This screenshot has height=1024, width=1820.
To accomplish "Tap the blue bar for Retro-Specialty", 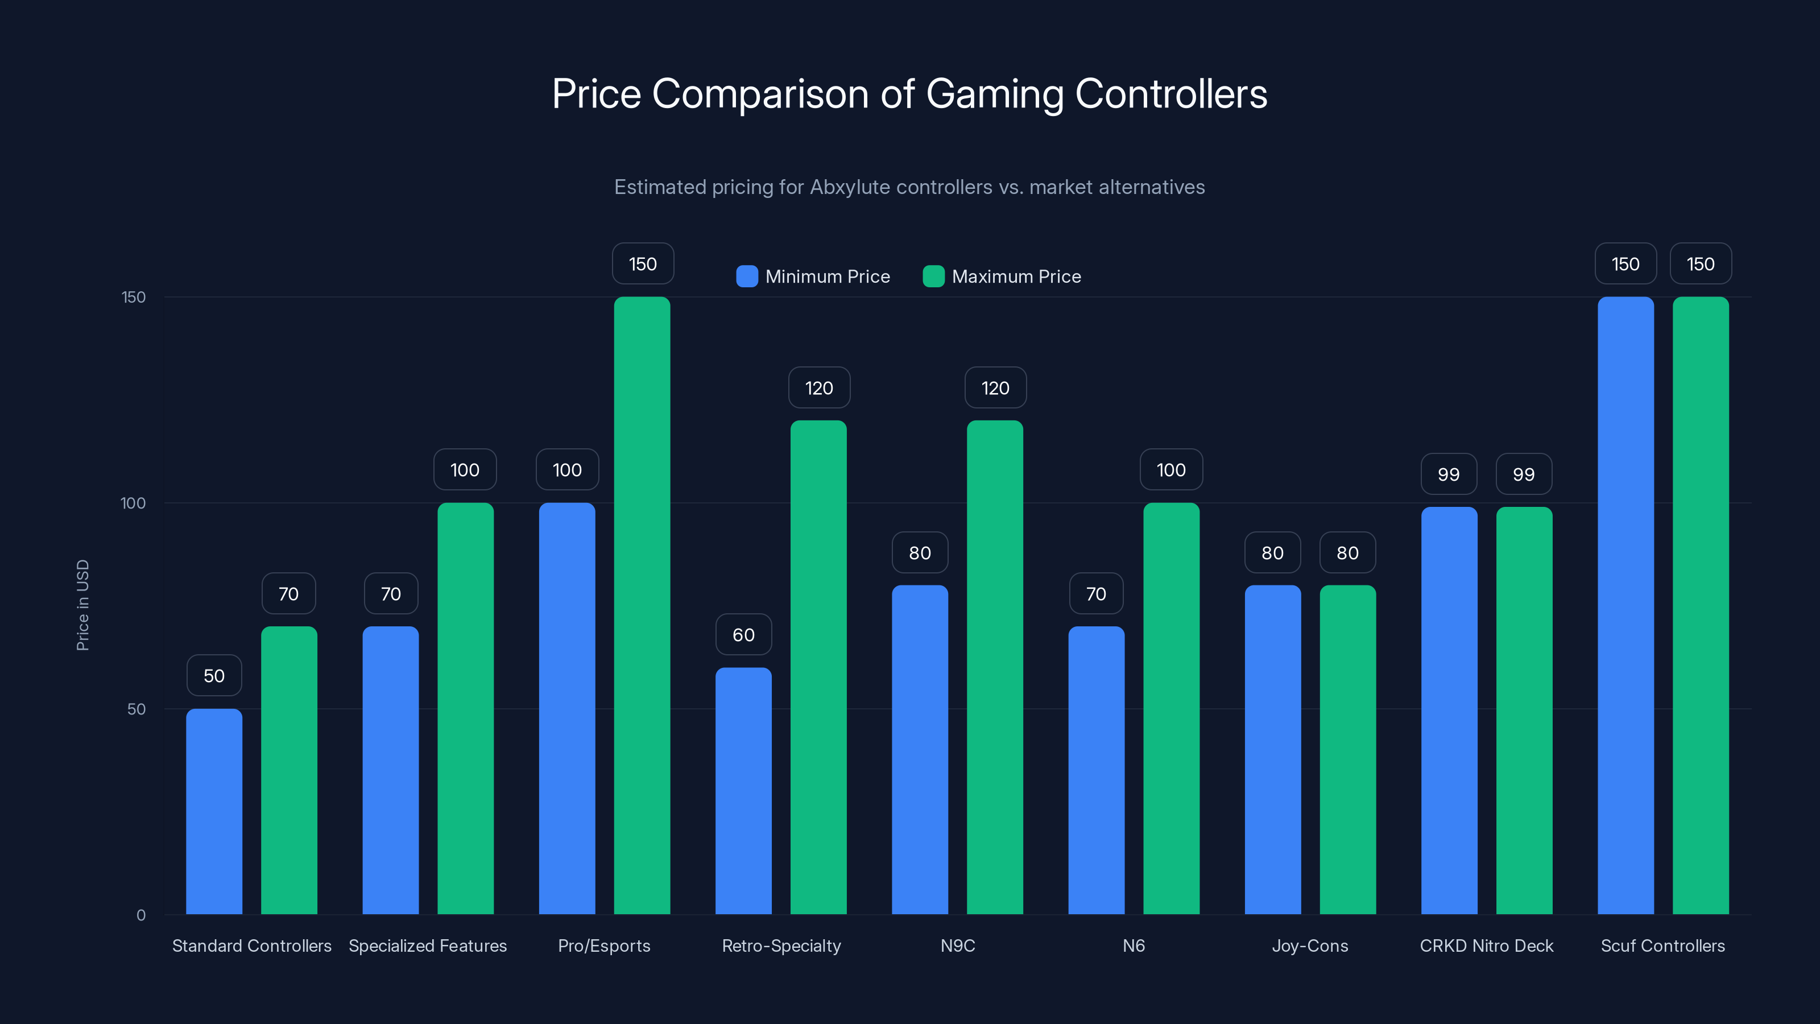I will tap(743, 791).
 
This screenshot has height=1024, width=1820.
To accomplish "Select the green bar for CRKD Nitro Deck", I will tap(1524, 710).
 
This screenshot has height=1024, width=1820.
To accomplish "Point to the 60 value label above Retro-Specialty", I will tap(743, 635).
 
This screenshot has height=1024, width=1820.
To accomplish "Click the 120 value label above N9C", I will tap(995, 387).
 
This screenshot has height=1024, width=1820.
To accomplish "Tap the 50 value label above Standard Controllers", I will tap(214, 676).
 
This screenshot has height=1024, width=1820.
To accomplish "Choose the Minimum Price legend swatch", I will tap(747, 276).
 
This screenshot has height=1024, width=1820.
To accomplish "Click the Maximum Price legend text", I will tap(1016, 276).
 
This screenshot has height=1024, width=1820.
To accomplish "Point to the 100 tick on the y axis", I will tap(133, 503).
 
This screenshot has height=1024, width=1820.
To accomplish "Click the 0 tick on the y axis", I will tap(140, 915).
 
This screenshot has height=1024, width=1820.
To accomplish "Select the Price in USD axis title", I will tap(82, 605).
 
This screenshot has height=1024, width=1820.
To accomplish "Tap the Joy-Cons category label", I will tap(1310, 945).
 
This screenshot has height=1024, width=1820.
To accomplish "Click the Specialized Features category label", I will tap(428, 945).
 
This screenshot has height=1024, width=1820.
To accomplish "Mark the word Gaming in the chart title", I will tap(994, 94).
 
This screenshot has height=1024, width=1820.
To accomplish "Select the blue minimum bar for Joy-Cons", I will tap(1272, 749).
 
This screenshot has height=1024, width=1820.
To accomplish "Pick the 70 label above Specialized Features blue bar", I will tap(391, 593).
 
